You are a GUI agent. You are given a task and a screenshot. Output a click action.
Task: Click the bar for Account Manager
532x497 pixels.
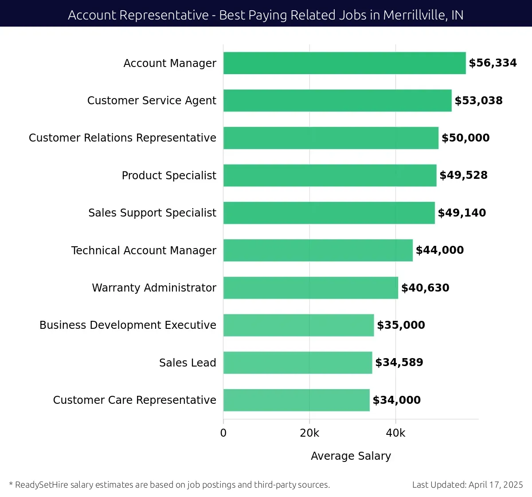(344, 63)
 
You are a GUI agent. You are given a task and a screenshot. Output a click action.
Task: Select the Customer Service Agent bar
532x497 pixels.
(337, 100)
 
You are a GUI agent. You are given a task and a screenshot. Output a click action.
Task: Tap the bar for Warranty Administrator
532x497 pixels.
(311, 288)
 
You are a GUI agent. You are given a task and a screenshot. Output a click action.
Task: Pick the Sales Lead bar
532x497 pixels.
(297, 363)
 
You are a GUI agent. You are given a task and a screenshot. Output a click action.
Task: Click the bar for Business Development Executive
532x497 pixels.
(298, 325)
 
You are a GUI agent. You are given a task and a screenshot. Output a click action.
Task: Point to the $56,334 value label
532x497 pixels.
(493, 63)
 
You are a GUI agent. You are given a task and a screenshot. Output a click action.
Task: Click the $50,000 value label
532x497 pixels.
(465, 138)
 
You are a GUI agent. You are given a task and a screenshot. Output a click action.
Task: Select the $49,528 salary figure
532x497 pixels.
(463, 175)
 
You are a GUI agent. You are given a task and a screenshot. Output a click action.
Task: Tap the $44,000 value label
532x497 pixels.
(439, 250)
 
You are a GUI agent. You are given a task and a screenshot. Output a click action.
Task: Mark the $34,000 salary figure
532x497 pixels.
(396, 400)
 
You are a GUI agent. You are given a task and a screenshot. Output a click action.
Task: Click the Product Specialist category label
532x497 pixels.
(169, 176)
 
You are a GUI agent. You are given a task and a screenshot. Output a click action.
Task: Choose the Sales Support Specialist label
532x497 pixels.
(152, 213)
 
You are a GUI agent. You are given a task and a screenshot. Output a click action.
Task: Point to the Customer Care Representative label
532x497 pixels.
(134, 400)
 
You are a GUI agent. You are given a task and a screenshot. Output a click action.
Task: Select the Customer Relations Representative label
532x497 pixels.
(122, 138)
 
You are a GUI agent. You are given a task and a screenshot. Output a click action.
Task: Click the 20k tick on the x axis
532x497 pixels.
(309, 433)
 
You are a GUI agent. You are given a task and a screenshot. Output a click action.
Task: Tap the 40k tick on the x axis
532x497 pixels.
(395, 433)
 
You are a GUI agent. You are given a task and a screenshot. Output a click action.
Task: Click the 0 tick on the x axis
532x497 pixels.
(223, 433)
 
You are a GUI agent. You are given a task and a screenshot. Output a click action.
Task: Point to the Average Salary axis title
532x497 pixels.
(351, 456)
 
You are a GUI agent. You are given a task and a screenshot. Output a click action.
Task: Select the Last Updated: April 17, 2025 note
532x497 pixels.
(467, 485)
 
